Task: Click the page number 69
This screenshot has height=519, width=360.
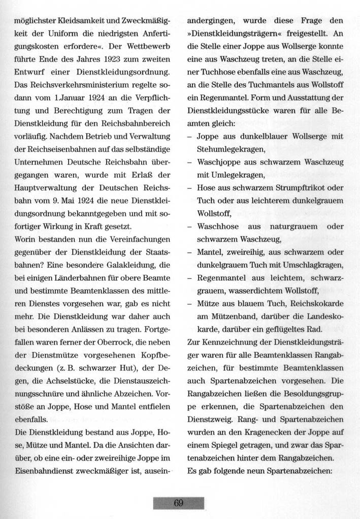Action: (x=179, y=503)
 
